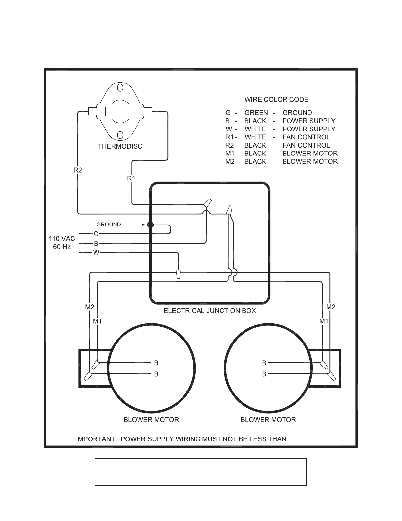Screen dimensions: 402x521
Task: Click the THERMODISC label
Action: pyautogui.click(x=120, y=146)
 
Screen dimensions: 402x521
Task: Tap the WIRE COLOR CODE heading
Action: pyautogui.click(x=276, y=100)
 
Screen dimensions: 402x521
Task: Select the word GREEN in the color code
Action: pyautogui.click(x=256, y=113)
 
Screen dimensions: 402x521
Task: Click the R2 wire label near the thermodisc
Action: pyautogui.click(x=78, y=170)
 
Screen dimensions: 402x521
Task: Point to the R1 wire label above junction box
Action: pyautogui.click(x=131, y=178)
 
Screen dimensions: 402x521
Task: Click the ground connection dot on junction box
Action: pyautogui.click(x=150, y=225)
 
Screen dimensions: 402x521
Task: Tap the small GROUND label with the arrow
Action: pyautogui.click(x=109, y=225)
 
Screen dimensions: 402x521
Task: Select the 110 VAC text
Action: pyautogui.click(x=62, y=239)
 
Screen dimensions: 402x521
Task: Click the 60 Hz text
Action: pyautogui.click(x=62, y=247)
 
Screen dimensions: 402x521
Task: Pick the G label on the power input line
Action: pyautogui.click(x=96, y=234)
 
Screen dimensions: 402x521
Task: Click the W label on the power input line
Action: pyautogui.click(x=96, y=252)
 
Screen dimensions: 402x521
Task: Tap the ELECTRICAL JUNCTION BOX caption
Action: pyautogui.click(x=210, y=311)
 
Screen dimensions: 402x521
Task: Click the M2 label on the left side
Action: pyautogui.click(x=90, y=307)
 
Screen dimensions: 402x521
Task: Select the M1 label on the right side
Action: pyautogui.click(x=324, y=321)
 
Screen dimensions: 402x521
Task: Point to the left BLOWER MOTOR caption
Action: pyautogui.click(x=151, y=420)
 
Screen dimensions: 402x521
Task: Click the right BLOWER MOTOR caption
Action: pyautogui.click(x=268, y=420)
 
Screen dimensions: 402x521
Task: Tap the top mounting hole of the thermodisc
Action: pyautogui.click(x=120, y=88)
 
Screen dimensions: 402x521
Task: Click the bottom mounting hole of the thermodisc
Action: pyautogui.click(x=120, y=135)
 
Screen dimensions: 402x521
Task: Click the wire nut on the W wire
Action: pyautogui.click(x=178, y=274)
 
